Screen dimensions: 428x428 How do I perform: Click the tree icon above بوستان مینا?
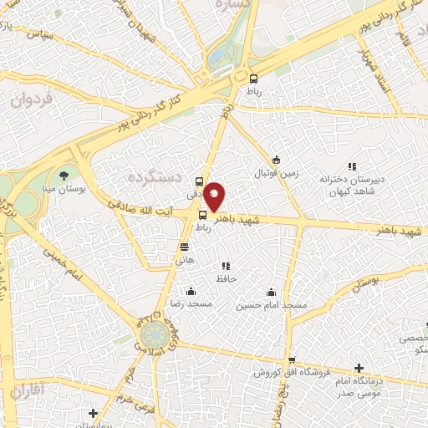coord(64,175)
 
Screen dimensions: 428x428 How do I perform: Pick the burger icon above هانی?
coord(184,246)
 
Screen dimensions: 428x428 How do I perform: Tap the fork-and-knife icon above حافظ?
coord(225,266)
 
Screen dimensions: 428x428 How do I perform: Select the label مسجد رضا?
coord(191,304)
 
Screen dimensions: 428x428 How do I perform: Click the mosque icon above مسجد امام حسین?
coord(271,293)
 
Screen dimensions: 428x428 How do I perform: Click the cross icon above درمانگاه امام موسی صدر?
coord(359,368)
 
